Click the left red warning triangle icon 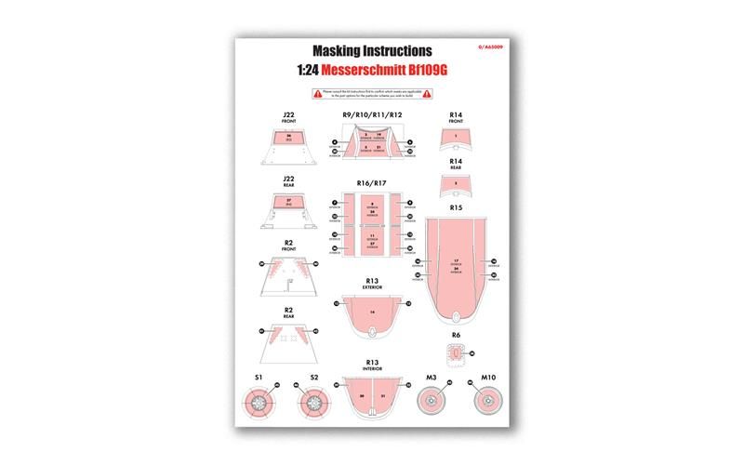317,94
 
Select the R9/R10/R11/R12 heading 372,114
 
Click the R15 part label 456,207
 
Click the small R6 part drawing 456,354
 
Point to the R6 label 456,335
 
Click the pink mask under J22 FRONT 288,139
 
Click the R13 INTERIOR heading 372,365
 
